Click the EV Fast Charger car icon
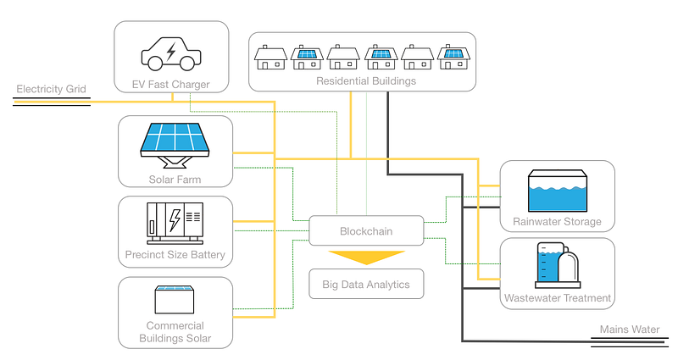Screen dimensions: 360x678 coord(171,53)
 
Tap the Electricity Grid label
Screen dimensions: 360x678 coord(51,88)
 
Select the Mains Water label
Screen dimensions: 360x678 coord(630,330)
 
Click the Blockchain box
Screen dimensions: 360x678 coord(366,230)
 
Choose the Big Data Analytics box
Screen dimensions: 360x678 coord(366,285)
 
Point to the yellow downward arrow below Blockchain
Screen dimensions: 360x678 coord(366,258)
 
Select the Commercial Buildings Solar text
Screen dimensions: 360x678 coord(175,332)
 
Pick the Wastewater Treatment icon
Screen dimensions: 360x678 coord(557,264)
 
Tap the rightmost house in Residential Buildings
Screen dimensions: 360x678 coord(454,58)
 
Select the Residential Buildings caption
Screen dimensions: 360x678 coord(366,81)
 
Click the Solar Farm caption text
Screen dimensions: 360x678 coord(175,179)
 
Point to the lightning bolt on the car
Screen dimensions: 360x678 coord(171,53)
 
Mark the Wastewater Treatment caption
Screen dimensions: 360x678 coord(557,298)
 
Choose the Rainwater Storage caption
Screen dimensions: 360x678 coord(557,222)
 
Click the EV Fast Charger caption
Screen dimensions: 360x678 coord(172,84)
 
